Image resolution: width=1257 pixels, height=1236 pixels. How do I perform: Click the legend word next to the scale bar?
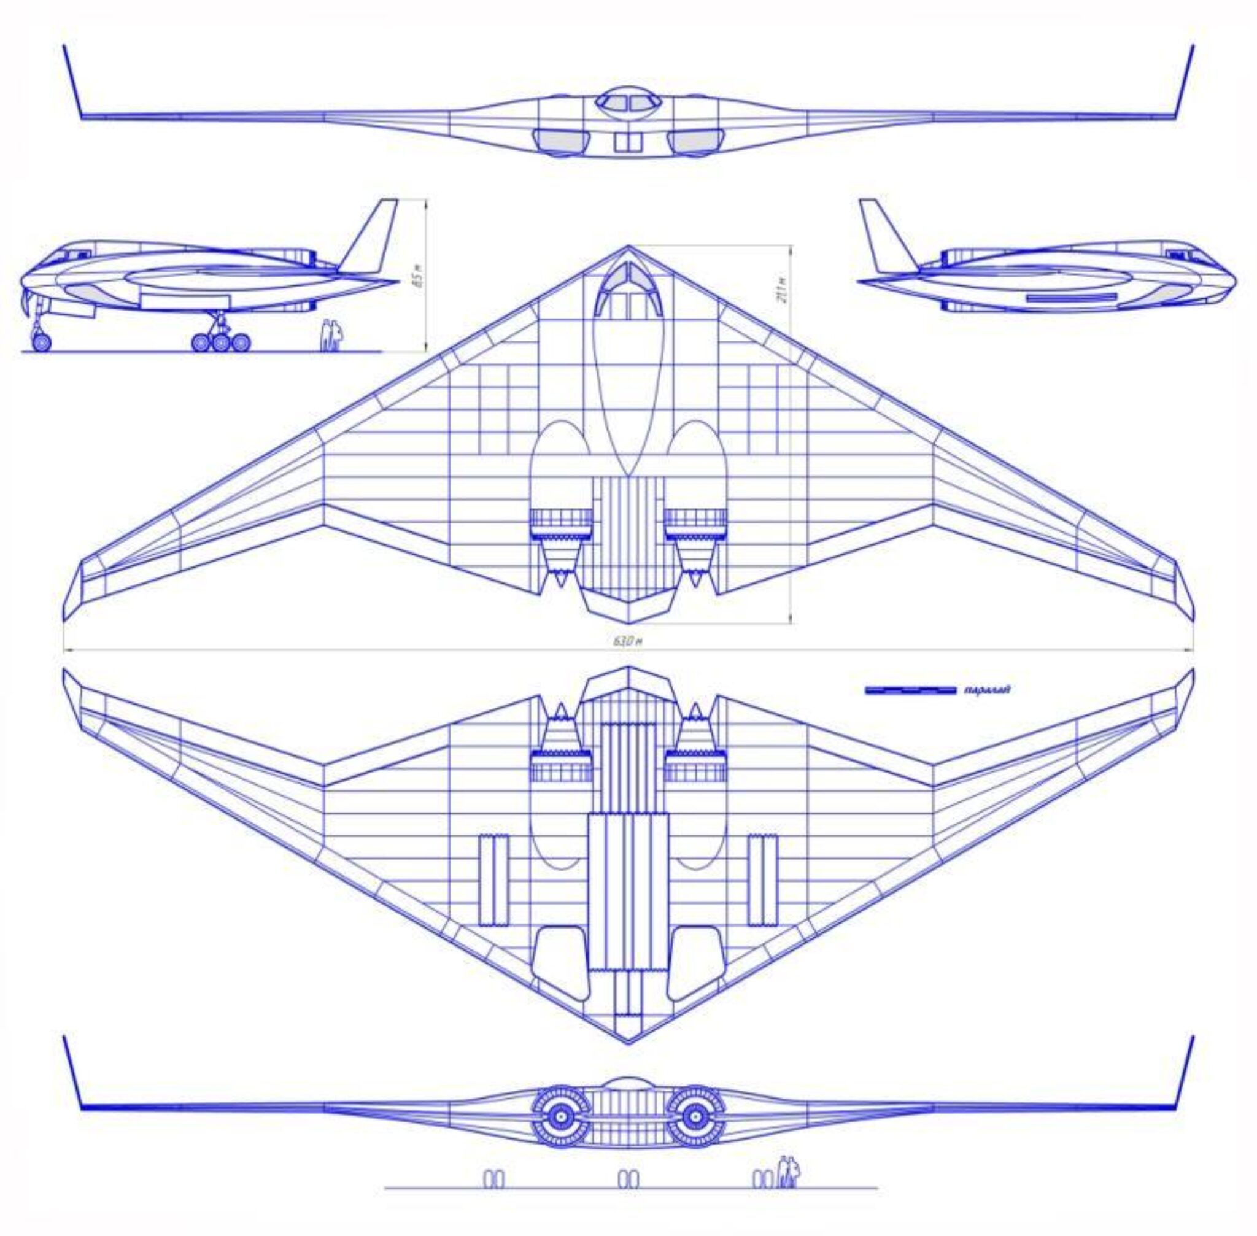click(988, 689)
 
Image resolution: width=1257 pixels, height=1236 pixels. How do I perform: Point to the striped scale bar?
click(910, 690)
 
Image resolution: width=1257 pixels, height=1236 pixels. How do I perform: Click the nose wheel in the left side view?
click(41, 341)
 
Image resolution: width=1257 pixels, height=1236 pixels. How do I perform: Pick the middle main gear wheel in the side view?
click(222, 341)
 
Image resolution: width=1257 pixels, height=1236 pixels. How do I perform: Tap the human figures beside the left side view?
click(332, 336)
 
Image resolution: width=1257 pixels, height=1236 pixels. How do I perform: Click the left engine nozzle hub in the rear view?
click(559, 1116)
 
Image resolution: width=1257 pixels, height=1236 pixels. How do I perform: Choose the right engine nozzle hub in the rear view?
click(694, 1116)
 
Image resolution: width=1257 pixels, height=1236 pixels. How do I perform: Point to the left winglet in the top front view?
click(72, 82)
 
